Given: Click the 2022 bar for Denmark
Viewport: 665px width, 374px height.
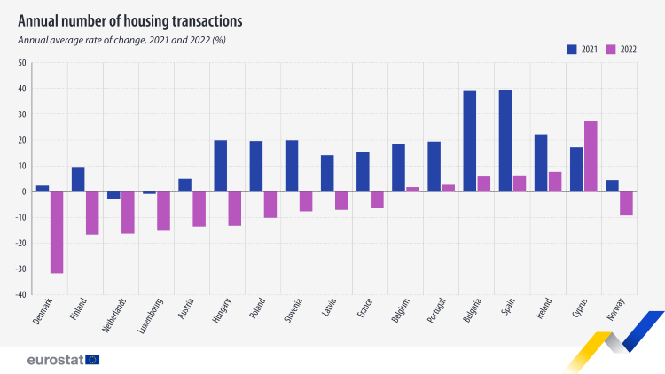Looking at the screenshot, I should pyautogui.click(x=57, y=232).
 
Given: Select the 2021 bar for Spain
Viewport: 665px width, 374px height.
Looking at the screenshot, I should pyautogui.click(x=505, y=141).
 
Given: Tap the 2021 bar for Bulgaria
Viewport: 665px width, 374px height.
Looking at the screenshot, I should pyautogui.click(x=470, y=141).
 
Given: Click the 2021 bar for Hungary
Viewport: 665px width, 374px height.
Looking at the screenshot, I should pyautogui.click(x=221, y=166).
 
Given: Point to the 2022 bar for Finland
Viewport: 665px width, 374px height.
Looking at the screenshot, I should pyautogui.click(x=92, y=213).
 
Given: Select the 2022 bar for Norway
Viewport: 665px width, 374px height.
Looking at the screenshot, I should pyautogui.click(x=625, y=203).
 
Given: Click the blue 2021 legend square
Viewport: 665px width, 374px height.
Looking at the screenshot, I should pyautogui.click(x=573, y=50).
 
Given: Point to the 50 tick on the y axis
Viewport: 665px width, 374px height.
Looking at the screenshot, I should pyautogui.click(x=22, y=63).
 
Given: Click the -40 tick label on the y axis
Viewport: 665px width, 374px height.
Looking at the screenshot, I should pyautogui.click(x=21, y=294).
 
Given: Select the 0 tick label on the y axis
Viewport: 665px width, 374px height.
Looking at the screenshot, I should pyautogui.click(x=25, y=191).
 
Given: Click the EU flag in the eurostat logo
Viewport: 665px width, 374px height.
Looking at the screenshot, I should pyautogui.click(x=92, y=360).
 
